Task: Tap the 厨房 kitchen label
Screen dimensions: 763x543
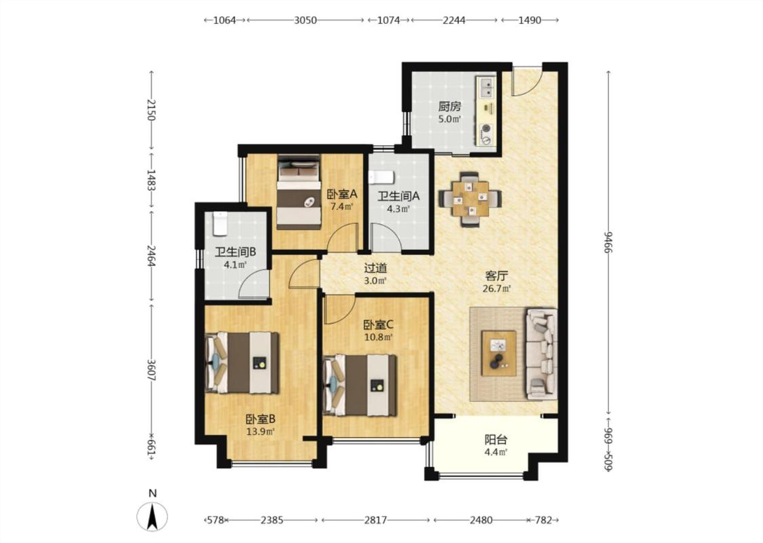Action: (449, 106)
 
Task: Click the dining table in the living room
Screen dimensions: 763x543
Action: (470, 199)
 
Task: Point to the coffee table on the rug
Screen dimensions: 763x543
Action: (498, 353)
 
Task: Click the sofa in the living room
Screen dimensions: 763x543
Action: (541, 354)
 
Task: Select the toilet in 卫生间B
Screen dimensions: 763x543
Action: (220, 223)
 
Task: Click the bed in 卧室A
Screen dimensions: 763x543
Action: (299, 192)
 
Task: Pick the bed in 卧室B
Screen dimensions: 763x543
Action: (242, 363)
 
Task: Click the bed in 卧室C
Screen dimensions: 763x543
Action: (359, 386)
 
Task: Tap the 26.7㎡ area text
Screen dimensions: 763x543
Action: (496, 288)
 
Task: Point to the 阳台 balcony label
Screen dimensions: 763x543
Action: (496, 440)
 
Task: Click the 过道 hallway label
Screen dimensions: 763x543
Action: (376, 268)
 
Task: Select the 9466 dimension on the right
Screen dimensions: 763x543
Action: (608, 242)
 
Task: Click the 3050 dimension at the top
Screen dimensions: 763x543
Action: (305, 20)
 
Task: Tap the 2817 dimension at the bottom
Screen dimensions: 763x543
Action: (376, 520)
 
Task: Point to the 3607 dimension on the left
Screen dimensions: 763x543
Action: (151, 371)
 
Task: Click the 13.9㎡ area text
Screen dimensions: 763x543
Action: (260, 432)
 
